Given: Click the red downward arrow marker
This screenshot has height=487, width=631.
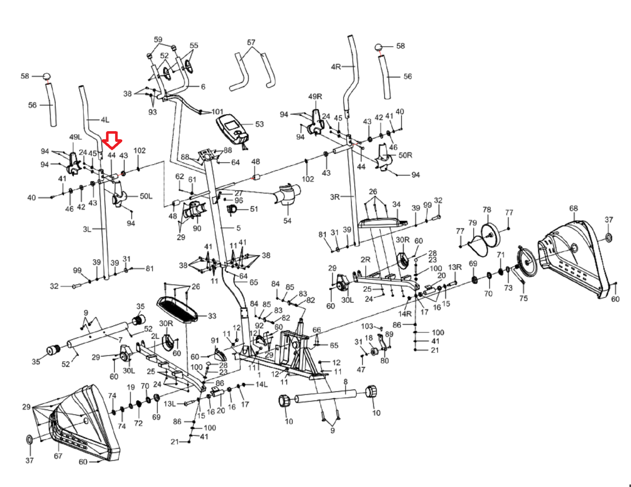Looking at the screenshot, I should click(112, 140).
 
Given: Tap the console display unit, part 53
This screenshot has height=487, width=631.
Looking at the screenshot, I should click(233, 128).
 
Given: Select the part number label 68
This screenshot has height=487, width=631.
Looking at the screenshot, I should click(573, 208).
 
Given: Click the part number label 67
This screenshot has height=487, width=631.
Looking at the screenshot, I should click(58, 456).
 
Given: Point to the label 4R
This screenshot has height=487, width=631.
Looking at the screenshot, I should click(336, 67).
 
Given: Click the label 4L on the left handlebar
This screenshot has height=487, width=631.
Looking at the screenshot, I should click(105, 120).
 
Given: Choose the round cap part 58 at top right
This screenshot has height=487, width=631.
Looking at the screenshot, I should click(379, 48).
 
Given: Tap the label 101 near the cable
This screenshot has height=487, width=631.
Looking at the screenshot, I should click(217, 112).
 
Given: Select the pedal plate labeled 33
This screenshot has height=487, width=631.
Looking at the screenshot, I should click(177, 309).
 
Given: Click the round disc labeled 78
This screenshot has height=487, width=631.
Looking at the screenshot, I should click(491, 234).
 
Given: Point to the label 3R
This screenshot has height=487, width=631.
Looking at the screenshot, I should click(335, 197).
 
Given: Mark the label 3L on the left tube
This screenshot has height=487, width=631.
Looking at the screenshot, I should click(87, 229).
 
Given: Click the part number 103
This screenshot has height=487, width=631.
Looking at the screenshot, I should click(367, 326).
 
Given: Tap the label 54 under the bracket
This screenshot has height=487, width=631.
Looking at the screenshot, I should click(287, 221).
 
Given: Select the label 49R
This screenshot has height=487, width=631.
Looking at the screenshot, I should click(315, 97).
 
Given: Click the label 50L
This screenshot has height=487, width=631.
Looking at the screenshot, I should click(146, 196).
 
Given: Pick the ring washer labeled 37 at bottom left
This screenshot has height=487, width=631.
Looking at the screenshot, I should click(30, 439).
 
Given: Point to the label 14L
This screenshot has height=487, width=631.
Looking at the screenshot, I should click(261, 384).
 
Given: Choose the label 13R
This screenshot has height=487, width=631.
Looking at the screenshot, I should click(455, 267).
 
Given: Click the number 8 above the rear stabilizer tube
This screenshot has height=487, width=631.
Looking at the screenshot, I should click(345, 381).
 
